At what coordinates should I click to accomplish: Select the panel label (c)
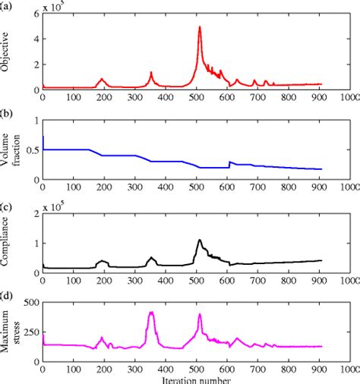pos(6,206)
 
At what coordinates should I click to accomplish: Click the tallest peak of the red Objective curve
pos(200,27)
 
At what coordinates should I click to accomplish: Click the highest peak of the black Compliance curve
pos(200,241)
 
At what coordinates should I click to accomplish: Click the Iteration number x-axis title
pos(196,378)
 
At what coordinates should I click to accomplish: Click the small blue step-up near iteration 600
pos(229,162)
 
